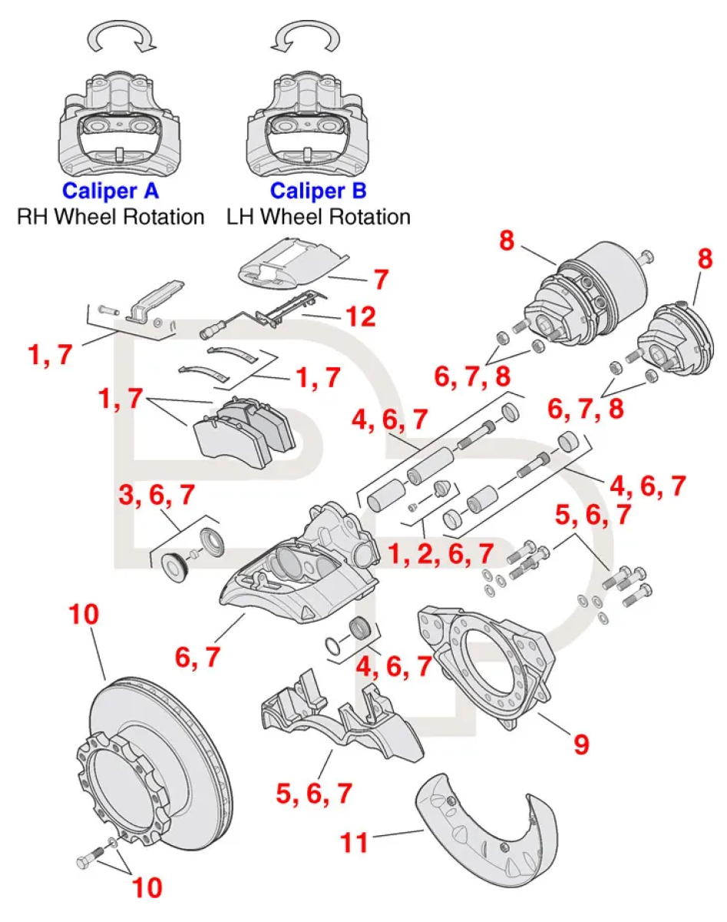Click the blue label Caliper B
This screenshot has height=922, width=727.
point(318,190)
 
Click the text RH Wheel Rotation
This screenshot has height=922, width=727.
point(111,217)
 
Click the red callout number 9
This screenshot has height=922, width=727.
point(580,743)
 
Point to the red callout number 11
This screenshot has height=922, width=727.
point(355,843)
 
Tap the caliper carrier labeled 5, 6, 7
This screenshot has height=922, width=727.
point(338,718)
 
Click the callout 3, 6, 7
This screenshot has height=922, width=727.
point(157,497)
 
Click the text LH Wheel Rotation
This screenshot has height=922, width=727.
point(318,217)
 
